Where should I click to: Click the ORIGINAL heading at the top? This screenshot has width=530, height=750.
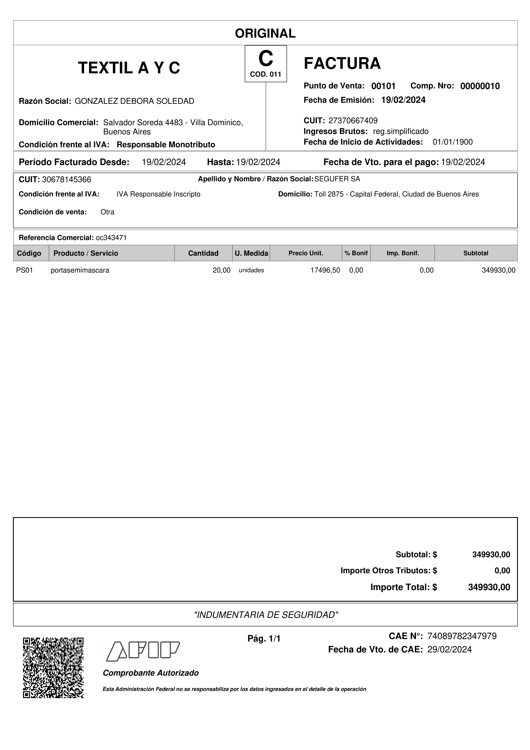pyautogui.click(x=265, y=33)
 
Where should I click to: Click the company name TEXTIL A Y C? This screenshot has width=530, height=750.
pyautogui.click(x=129, y=68)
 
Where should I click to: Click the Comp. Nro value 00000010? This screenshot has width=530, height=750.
pyautogui.click(x=480, y=86)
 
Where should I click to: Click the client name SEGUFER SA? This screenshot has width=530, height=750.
pyautogui.click(x=337, y=179)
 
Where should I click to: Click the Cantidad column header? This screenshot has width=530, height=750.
pyautogui.click(x=203, y=253)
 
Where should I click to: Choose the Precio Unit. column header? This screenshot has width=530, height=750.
pyautogui.click(x=306, y=253)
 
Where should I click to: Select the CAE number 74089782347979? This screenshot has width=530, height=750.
pyautogui.click(x=462, y=636)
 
